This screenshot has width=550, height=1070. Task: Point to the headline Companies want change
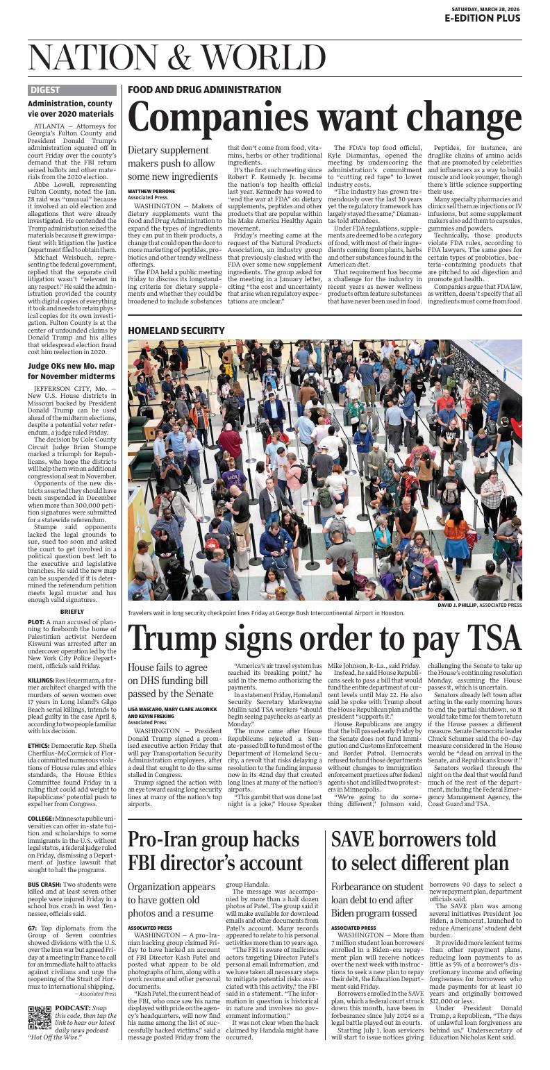(324, 117)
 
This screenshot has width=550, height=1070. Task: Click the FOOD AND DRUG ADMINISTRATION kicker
(204, 90)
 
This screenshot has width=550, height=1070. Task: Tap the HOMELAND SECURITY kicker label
(176, 331)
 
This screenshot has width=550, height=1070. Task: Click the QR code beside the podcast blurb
(40, 1017)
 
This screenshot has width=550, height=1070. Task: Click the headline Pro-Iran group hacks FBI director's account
(215, 850)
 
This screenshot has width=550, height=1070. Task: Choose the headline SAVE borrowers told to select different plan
(419, 850)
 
